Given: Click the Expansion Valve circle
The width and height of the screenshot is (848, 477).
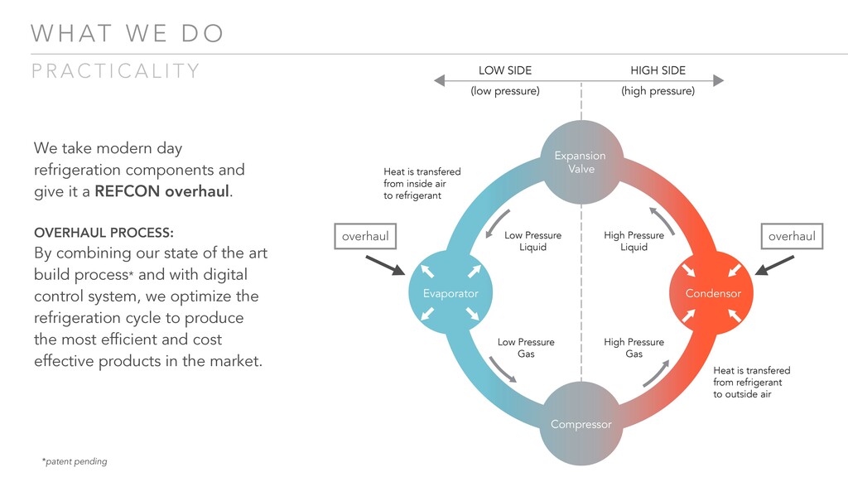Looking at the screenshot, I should (x=580, y=161).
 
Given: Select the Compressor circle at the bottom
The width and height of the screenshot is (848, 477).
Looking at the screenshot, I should (x=581, y=423).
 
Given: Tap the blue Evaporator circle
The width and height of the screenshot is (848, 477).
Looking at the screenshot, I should (x=450, y=293).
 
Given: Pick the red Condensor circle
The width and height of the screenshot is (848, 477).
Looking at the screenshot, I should (x=712, y=293).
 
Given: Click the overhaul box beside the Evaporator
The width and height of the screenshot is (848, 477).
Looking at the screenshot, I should (x=365, y=236).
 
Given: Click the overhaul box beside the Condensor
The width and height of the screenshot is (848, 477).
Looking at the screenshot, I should (x=792, y=236).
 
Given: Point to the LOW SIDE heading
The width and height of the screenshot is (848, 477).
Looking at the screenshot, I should (x=505, y=70).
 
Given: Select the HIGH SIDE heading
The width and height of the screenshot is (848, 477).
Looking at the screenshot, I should (x=658, y=70).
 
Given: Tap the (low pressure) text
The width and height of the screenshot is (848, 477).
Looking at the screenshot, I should (x=505, y=91).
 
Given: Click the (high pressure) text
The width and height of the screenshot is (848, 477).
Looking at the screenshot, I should (x=658, y=91).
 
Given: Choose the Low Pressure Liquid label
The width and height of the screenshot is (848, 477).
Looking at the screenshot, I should (x=532, y=241).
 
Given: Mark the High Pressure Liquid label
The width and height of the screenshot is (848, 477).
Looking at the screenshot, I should (x=634, y=241).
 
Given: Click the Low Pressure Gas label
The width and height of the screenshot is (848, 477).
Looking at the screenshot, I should (x=526, y=348).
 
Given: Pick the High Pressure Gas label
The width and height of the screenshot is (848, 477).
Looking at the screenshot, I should (x=634, y=348).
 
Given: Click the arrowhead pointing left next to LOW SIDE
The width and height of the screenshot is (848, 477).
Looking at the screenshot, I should (x=440, y=80).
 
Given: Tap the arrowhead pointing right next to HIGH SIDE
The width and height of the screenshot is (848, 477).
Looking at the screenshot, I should (x=719, y=80).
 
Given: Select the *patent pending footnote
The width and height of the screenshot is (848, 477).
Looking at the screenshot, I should (x=75, y=461).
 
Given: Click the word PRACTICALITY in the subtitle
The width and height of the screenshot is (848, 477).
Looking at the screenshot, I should (x=116, y=71).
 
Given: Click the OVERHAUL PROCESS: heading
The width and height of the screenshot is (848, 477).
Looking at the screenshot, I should (x=104, y=232).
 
